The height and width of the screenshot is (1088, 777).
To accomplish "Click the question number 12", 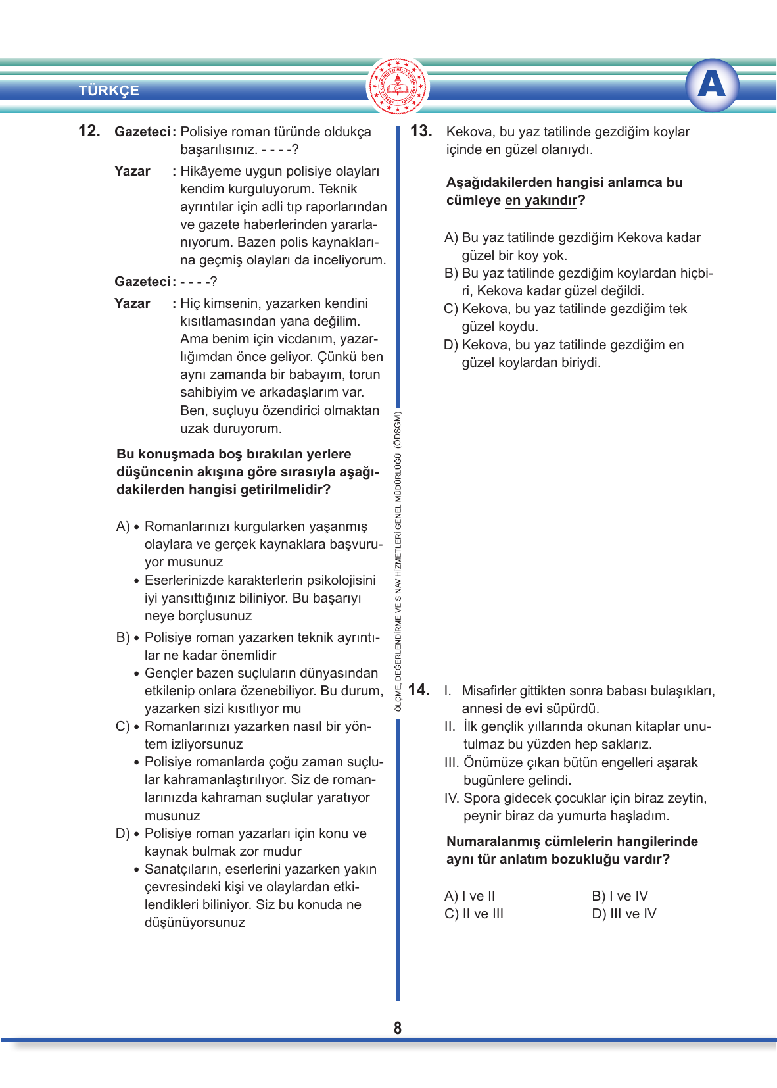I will coord(89,131).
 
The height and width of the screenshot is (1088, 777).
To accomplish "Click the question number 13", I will coord(421,131).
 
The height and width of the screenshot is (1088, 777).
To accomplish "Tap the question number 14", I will coord(419,690).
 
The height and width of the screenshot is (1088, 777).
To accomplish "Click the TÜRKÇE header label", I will coord(109,91).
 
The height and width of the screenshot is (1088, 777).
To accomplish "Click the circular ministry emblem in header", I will coord(398,86).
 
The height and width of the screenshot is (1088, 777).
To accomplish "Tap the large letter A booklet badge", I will coord(711,85).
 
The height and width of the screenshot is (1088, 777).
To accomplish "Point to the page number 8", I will coord(398,1028).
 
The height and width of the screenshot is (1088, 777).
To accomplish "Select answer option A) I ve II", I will coord(470,896).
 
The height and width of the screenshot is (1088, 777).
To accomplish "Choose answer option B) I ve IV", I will coord(620,896).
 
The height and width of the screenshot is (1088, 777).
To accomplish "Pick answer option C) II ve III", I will coord(474,914).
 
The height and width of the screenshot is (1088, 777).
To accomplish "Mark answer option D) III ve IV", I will coord(624,914).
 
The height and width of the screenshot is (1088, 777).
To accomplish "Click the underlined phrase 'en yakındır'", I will coord(541,200).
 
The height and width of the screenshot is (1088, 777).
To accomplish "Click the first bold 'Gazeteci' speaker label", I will coord(142,132).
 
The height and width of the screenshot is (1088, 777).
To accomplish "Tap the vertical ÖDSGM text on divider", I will coord(398,559).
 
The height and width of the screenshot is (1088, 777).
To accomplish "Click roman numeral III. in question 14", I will coord(452,762).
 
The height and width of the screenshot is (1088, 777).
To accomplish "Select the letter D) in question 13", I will coord(451,345).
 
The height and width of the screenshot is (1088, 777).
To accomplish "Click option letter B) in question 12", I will coord(122,637).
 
